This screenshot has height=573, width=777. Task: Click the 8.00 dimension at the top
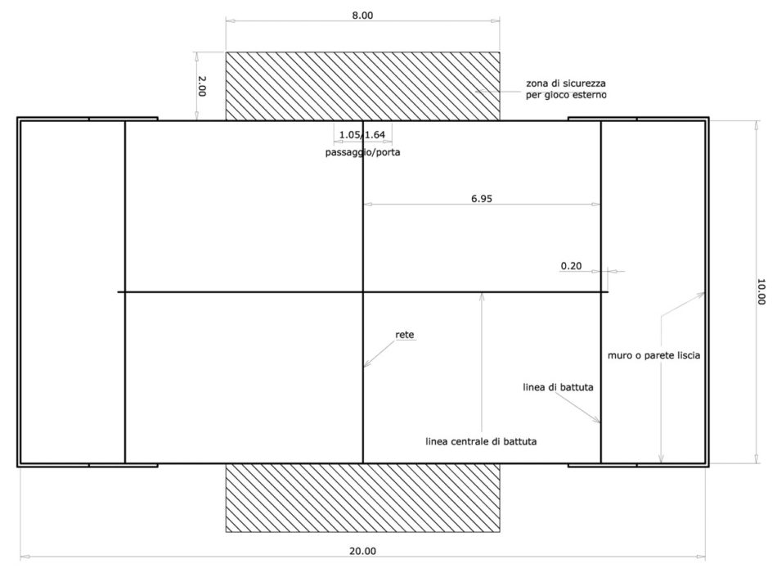(362, 16)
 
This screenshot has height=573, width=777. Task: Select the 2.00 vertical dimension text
(202, 86)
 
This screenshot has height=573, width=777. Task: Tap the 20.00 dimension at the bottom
(362, 551)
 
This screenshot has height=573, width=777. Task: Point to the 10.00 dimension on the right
(761, 291)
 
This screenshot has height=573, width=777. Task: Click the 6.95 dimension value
(482, 198)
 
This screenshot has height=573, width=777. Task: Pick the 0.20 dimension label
(571, 266)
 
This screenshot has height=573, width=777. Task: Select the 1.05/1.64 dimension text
(362, 134)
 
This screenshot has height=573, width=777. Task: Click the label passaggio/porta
(362, 152)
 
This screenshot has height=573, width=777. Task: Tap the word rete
(404, 335)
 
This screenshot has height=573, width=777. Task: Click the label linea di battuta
(558, 387)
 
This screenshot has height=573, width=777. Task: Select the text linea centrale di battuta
(481, 441)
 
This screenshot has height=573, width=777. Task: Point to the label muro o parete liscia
(653, 355)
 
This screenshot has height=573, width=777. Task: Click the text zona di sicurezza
(566, 83)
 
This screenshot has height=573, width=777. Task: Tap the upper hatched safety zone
(362, 86)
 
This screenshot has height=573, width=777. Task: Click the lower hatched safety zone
(362, 498)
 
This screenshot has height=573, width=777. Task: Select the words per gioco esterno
(566, 95)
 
